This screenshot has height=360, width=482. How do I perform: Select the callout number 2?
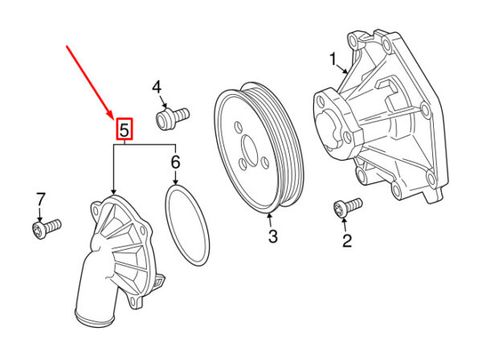coord(347,239)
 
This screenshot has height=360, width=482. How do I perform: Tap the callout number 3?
coord(272,236)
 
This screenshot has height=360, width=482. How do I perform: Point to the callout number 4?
coord(157,87)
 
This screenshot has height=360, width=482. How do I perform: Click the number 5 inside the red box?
coord(125,129)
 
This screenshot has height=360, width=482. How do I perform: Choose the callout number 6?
coord(175,164)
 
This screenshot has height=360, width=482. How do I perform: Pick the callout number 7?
coord(40,198)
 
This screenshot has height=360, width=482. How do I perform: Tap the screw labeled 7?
coord(45,231)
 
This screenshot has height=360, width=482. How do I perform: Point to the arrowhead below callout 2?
coord(347,223)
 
